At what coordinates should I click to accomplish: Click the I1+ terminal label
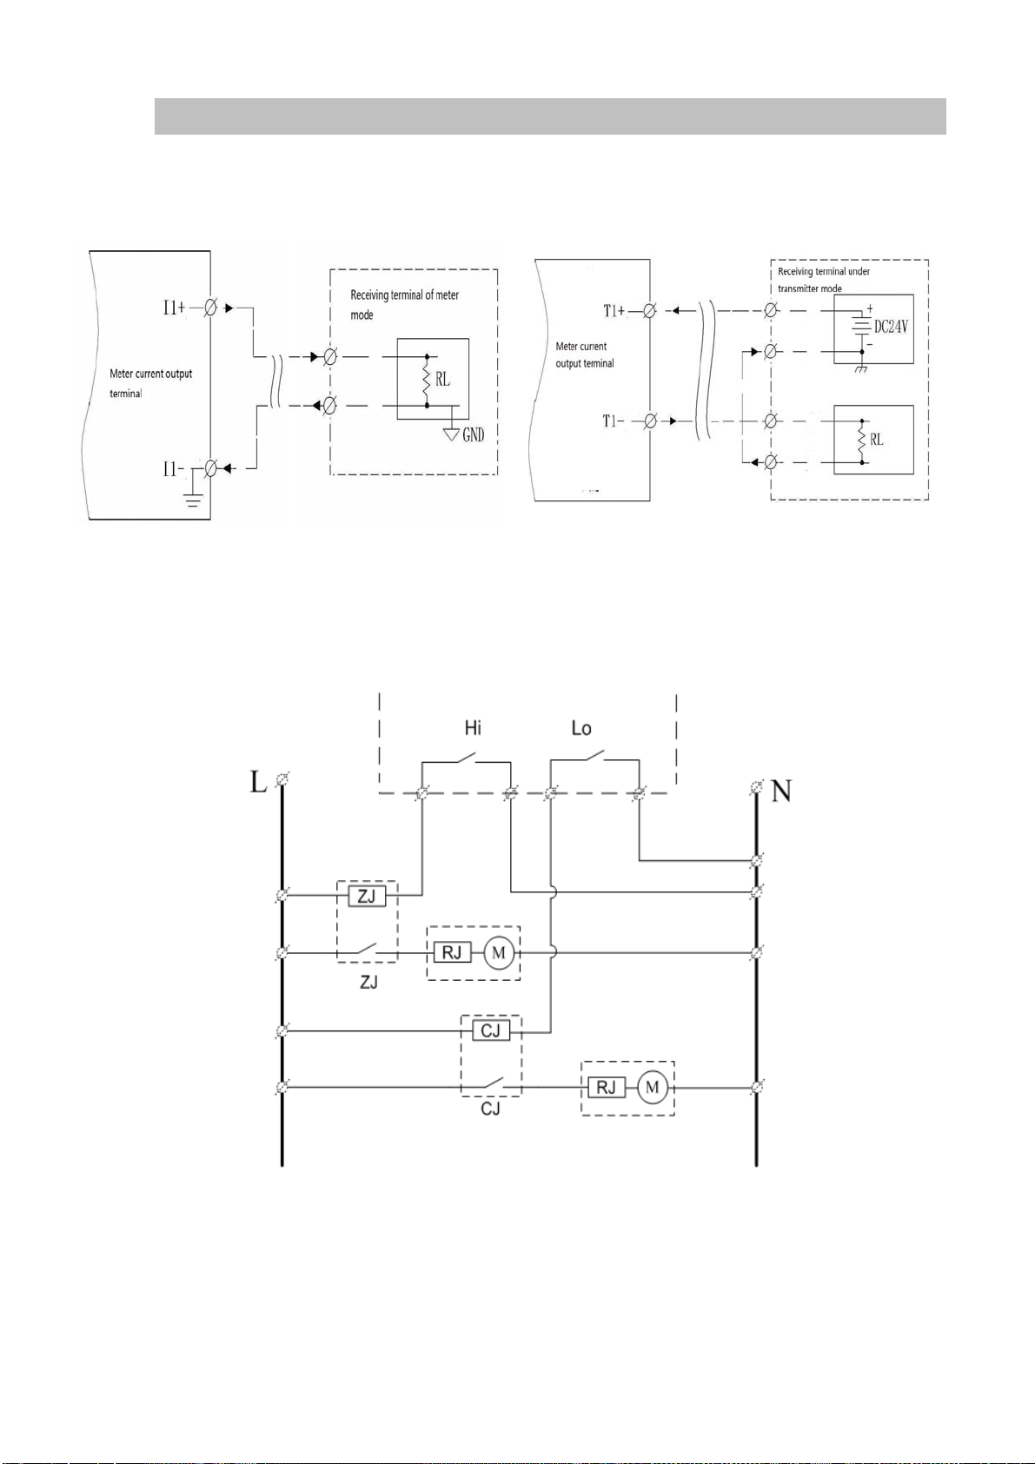(174, 307)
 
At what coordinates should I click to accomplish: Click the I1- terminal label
(173, 469)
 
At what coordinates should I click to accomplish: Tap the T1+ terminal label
(614, 311)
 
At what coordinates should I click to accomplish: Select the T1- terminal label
(614, 421)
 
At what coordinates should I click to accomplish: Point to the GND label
(474, 434)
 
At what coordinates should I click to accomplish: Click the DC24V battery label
(891, 328)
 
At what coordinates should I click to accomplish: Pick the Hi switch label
(473, 728)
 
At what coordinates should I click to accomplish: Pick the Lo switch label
(581, 728)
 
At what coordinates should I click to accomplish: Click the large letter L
(258, 782)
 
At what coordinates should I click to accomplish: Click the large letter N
(781, 792)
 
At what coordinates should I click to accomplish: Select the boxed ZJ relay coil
(367, 895)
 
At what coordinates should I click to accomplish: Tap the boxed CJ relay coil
(491, 1031)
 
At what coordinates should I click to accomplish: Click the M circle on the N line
(652, 1087)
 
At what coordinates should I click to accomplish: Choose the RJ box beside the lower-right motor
(606, 1087)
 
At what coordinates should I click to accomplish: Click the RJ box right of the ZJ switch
(452, 953)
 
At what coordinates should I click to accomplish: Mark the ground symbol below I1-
(193, 499)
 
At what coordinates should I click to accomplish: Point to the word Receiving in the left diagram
(368, 295)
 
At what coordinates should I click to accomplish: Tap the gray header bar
(549, 116)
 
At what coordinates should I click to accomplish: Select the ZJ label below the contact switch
(368, 983)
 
